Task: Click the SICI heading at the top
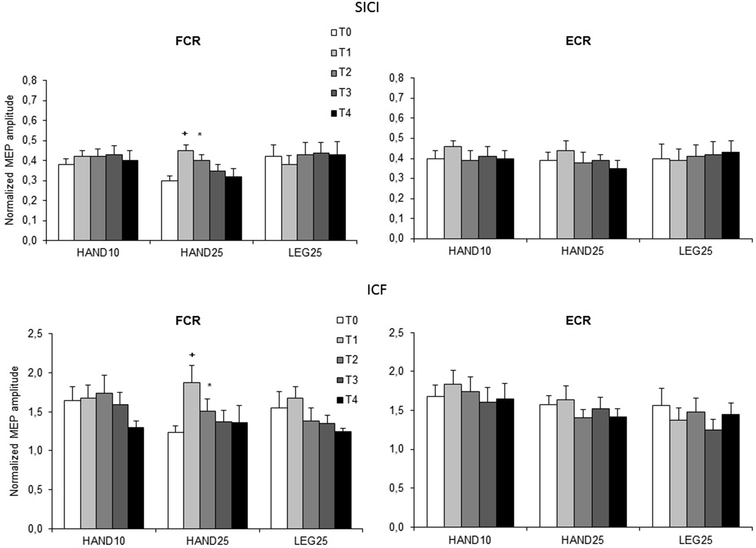[367, 8]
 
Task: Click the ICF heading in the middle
[377, 290]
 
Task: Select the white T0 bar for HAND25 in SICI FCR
[169, 210]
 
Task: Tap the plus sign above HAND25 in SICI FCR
[185, 134]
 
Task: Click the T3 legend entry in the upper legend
[341, 93]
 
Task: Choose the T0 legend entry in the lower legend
[347, 320]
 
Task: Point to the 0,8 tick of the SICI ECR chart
[396, 78]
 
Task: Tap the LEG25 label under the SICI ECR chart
[695, 251]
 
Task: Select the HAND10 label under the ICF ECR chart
[470, 540]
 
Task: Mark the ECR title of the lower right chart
[578, 320]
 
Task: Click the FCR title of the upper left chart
[188, 41]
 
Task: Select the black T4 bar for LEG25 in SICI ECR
[731, 195]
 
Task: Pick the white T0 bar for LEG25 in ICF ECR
[661, 466]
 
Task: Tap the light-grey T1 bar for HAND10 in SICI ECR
[453, 192]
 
